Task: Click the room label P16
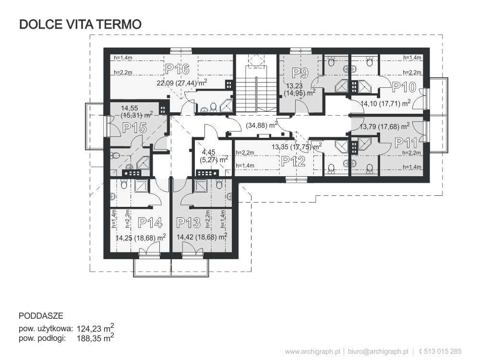[178, 69]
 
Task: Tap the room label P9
[300, 73]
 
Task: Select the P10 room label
[404, 87]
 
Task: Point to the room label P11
[406, 143]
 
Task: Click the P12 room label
[293, 161]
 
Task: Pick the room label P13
[189, 223]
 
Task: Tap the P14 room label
[150, 223]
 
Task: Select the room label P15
[135, 128]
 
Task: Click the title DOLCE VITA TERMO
[80, 24]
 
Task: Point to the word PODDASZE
[41, 316]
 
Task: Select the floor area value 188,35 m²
[96, 337]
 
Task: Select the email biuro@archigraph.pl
[378, 351]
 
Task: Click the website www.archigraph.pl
[313, 351]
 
